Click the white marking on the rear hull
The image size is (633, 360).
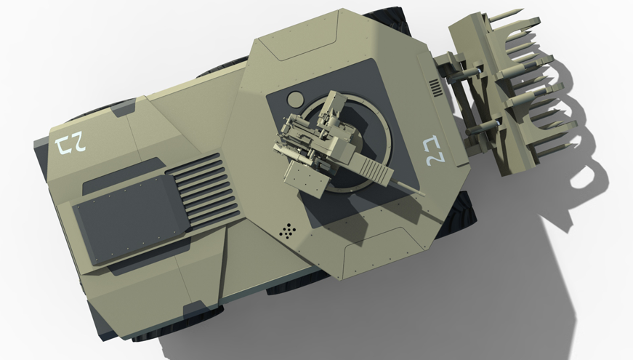[x=71, y=145]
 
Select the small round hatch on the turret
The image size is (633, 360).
[x=295, y=99]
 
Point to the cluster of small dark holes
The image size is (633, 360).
[x=288, y=231]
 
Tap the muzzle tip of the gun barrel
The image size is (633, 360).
[x=423, y=194]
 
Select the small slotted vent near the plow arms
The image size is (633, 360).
[x=435, y=87]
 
